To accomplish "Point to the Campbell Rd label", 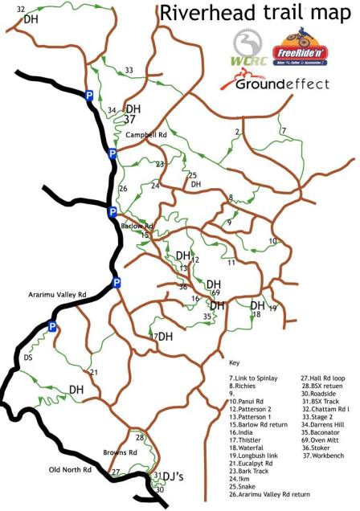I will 145,136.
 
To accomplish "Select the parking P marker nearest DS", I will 53,327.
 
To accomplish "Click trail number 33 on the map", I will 129,71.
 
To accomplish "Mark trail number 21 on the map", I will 94,372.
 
